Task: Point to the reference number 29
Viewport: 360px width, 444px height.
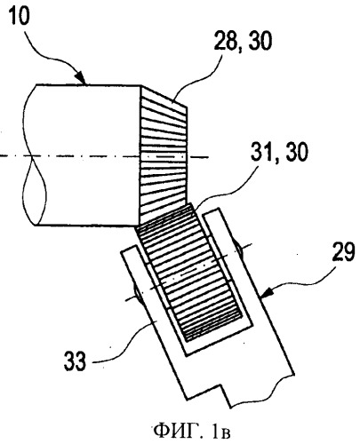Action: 343,252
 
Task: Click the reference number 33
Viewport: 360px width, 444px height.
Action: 75,361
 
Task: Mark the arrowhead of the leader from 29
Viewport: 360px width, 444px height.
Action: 266,292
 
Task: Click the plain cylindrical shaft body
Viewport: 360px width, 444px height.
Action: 86,155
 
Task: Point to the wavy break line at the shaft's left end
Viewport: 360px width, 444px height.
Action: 33,155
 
